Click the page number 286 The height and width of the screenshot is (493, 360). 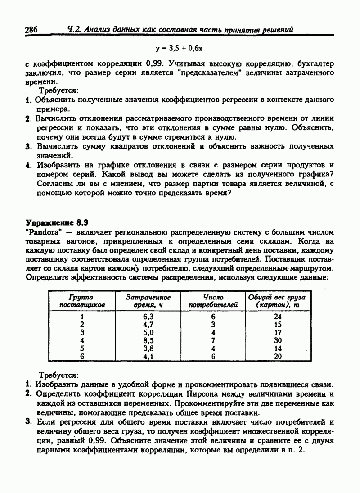click(31, 30)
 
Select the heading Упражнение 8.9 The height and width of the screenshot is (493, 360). click(57, 222)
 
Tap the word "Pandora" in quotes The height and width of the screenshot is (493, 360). click(41, 232)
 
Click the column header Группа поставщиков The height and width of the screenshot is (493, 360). click(81, 301)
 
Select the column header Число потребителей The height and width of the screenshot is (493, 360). click(213, 301)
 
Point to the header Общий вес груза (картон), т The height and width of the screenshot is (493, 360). click(277, 301)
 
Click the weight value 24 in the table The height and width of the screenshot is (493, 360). click(278, 317)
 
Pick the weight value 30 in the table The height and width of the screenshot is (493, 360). click(278, 340)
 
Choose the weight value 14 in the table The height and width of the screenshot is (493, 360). click(278, 348)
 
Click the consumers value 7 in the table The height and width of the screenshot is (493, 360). click(213, 340)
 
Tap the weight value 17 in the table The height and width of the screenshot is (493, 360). click(278, 333)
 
